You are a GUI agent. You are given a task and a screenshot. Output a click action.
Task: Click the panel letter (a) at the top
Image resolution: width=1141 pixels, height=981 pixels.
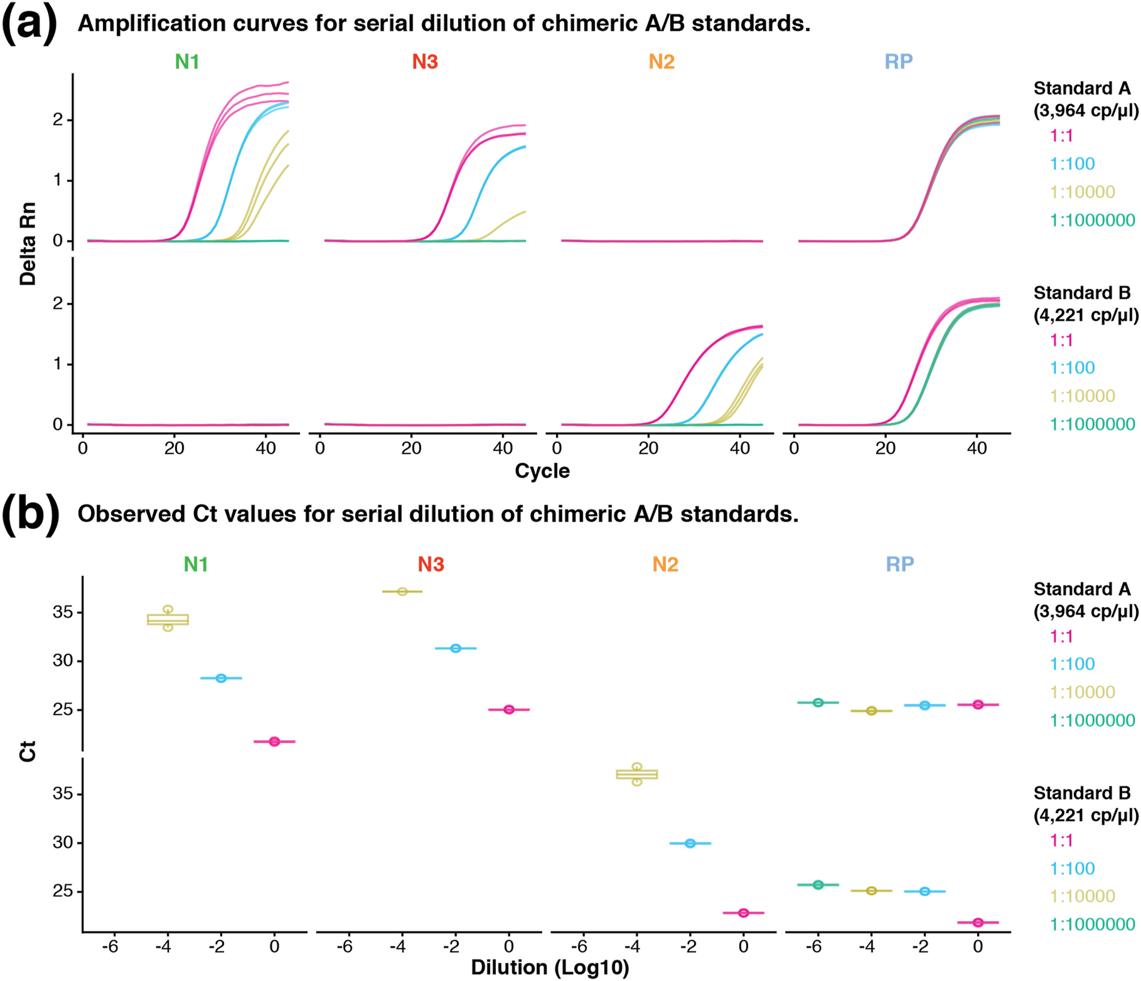pyautogui.click(x=30, y=24)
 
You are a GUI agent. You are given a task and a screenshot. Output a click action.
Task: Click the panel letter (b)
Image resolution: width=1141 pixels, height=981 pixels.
pyautogui.click(x=31, y=514)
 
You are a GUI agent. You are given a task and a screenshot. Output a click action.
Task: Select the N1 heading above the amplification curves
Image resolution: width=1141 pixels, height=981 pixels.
pyautogui.click(x=186, y=61)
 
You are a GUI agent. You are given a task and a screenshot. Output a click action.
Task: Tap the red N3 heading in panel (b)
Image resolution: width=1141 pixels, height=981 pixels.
pyautogui.click(x=430, y=564)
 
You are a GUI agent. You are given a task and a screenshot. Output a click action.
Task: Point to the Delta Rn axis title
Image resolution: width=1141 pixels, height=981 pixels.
pyautogui.click(x=28, y=243)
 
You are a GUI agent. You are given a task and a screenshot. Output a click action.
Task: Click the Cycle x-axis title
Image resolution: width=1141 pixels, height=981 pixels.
pyautogui.click(x=542, y=471)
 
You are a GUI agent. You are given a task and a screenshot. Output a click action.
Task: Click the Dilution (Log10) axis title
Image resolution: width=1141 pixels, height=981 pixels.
pyautogui.click(x=550, y=967)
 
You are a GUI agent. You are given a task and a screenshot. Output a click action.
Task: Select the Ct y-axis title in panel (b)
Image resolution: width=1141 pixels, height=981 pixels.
pyautogui.click(x=28, y=751)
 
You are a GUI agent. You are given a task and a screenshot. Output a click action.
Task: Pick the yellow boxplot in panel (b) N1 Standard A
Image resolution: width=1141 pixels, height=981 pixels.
pyautogui.click(x=168, y=619)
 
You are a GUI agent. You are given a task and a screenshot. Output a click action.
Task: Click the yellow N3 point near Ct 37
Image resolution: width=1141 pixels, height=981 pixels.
pyautogui.click(x=403, y=592)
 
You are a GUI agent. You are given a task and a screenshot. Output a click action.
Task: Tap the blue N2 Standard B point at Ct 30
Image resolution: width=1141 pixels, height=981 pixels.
pyautogui.click(x=690, y=843)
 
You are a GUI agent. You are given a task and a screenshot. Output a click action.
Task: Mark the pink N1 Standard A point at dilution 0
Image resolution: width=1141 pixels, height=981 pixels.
pyautogui.click(x=275, y=742)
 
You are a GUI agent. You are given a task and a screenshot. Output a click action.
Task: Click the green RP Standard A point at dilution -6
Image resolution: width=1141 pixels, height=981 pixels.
pyautogui.click(x=818, y=703)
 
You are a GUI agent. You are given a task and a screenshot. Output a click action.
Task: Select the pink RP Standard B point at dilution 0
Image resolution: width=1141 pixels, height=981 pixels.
pyautogui.click(x=978, y=922)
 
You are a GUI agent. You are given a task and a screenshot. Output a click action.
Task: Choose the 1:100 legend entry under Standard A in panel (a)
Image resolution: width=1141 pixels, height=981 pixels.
pyautogui.click(x=1072, y=164)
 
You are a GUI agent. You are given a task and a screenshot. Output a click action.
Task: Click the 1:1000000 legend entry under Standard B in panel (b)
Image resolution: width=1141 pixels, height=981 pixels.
pyautogui.click(x=1092, y=925)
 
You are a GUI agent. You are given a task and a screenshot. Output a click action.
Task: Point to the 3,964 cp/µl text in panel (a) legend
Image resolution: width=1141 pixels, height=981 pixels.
pyautogui.click(x=1085, y=110)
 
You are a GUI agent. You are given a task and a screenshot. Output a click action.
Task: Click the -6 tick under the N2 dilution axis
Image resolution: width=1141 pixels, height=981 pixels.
pyautogui.click(x=579, y=946)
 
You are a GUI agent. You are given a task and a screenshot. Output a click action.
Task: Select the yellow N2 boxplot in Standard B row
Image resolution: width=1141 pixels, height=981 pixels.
pyautogui.click(x=637, y=774)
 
